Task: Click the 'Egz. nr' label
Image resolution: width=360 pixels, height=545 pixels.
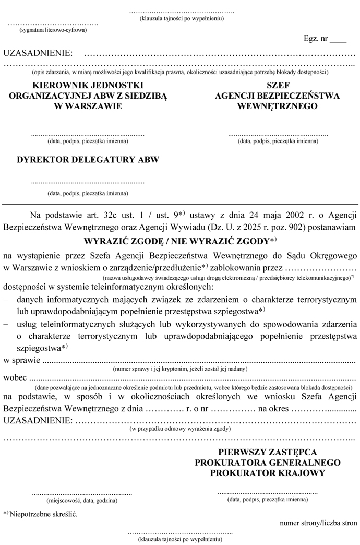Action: [x=315, y=39]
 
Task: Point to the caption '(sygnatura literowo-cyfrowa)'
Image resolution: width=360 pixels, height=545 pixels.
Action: [x=53, y=30]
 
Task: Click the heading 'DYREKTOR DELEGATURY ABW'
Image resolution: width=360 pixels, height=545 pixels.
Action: [x=88, y=160]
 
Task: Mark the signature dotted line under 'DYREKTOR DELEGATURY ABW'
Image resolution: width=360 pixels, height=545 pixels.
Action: [x=88, y=183]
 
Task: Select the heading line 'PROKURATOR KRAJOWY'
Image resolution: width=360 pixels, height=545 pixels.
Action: [x=268, y=473]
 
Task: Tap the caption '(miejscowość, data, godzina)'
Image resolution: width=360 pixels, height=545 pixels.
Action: [x=82, y=500]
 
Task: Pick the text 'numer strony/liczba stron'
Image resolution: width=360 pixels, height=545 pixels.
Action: [x=318, y=522]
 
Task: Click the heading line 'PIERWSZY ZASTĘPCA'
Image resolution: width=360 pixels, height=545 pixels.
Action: [x=268, y=452]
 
